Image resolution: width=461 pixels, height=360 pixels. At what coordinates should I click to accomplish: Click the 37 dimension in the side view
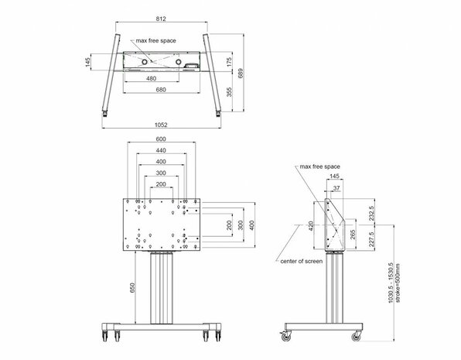(x=336, y=187)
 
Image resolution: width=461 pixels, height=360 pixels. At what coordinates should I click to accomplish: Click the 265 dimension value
(x=353, y=235)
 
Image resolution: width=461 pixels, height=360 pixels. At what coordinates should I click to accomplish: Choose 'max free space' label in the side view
(x=320, y=166)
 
